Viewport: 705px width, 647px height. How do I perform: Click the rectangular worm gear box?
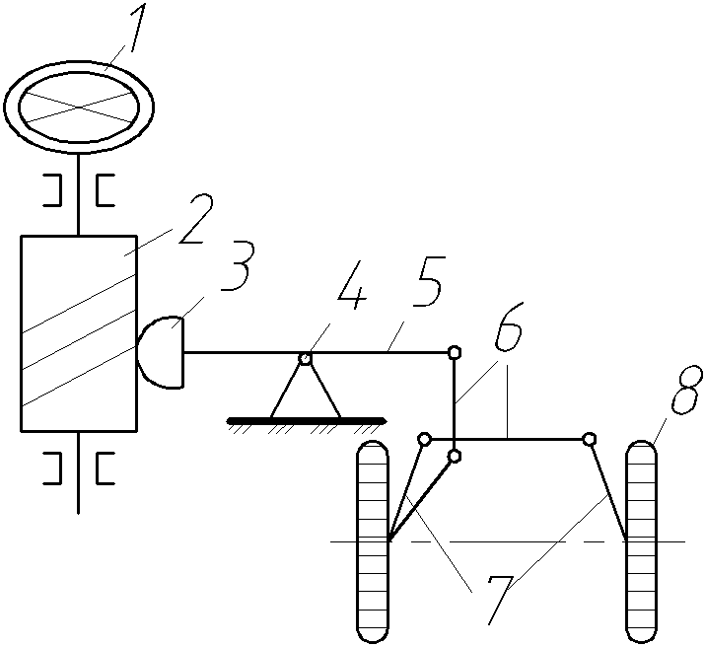click(79, 333)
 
